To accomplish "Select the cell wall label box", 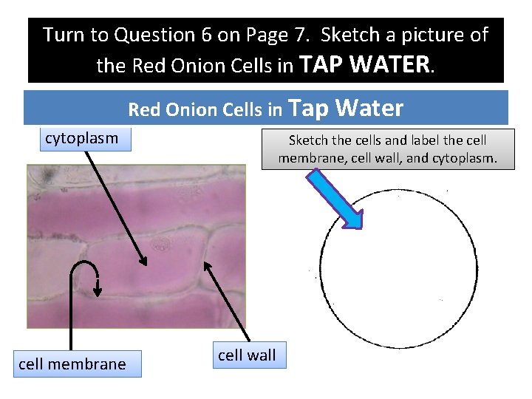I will (246, 355).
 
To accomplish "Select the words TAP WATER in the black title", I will (367, 65).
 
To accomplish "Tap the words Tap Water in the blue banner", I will (347, 109).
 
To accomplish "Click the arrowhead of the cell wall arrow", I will (207, 265).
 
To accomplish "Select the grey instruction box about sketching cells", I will (387, 149).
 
